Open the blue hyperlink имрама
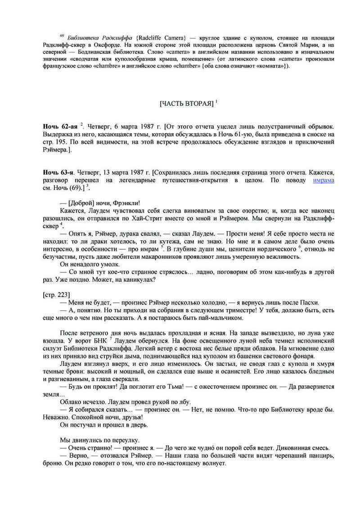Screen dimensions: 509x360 point(323,180)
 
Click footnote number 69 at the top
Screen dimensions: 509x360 point(62,36)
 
